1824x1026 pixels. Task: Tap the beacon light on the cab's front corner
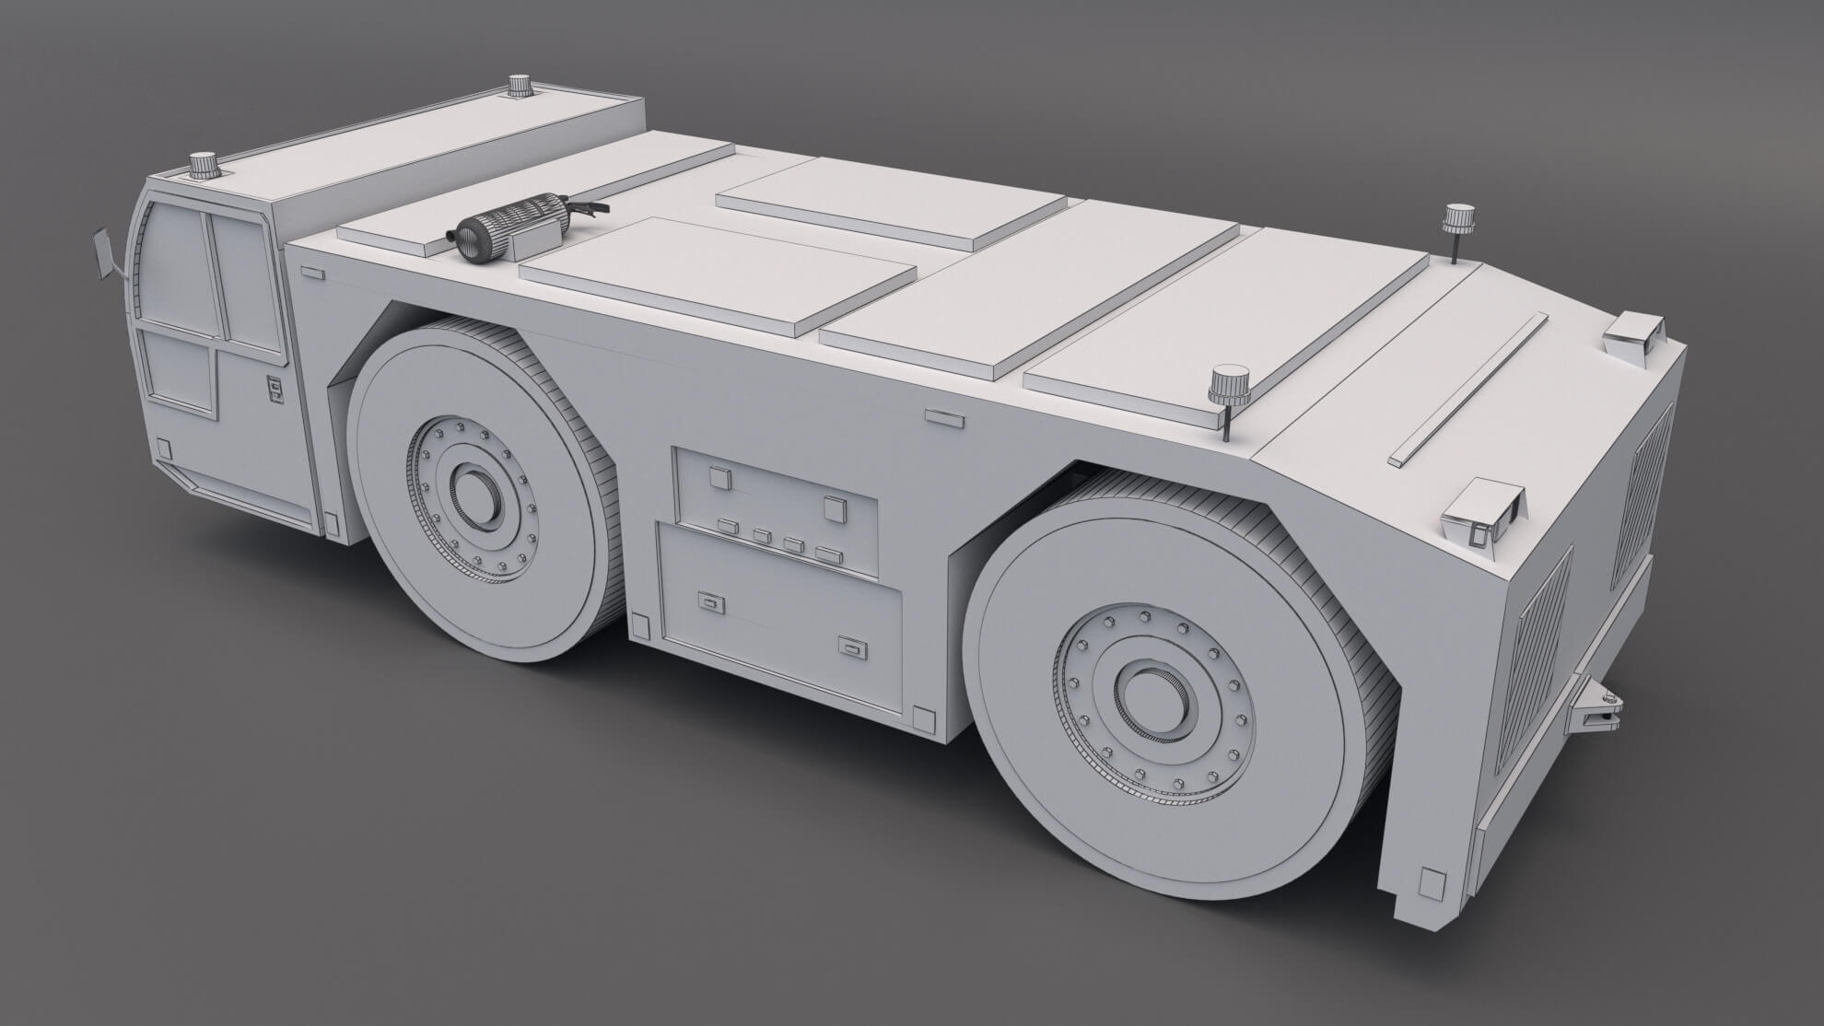click(204, 167)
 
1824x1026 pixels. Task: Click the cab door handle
click(275, 389)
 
